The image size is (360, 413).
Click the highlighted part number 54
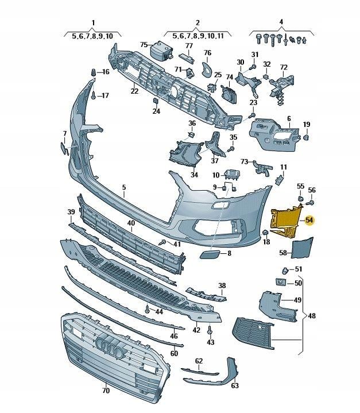pyautogui.click(x=309, y=220)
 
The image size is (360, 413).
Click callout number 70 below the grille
pyautogui.click(x=106, y=390)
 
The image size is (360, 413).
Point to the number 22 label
pyautogui.click(x=134, y=91)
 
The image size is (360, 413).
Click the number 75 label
pyautogui.click(x=144, y=44)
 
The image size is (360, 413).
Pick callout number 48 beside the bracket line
pyautogui.click(x=312, y=316)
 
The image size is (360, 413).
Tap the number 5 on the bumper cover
pyautogui.click(x=123, y=187)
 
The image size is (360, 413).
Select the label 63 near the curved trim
pyautogui.click(x=235, y=386)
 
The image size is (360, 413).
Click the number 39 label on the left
pyautogui.click(x=71, y=213)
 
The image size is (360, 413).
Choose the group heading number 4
pyautogui.click(x=281, y=22)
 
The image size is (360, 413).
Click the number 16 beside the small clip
pyautogui.click(x=105, y=72)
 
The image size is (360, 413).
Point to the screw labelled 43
pyautogui.click(x=210, y=331)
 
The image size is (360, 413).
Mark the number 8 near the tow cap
pyautogui.click(x=229, y=253)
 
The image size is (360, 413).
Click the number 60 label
pyautogui.click(x=174, y=353)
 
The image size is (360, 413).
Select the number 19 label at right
pyautogui.click(x=307, y=125)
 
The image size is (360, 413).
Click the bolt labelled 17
pyautogui.click(x=93, y=96)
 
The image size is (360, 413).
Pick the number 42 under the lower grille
pyautogui.click(x=196, y=330)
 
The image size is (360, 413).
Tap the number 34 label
pyautogui.click(x=194, y=175)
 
